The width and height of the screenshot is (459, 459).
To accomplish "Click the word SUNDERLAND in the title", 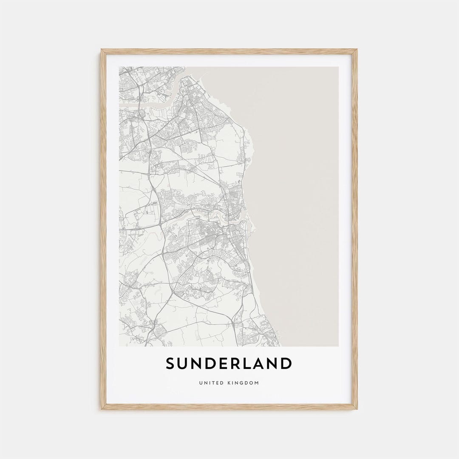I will pos(229,363).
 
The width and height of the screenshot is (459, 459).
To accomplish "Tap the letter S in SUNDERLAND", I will pos(171,363).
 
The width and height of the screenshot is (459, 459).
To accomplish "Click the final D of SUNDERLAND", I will pos(286,363).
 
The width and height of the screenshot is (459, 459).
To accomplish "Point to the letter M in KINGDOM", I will pos(256,383).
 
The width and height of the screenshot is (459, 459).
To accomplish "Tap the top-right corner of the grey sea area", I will pos(338,67).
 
